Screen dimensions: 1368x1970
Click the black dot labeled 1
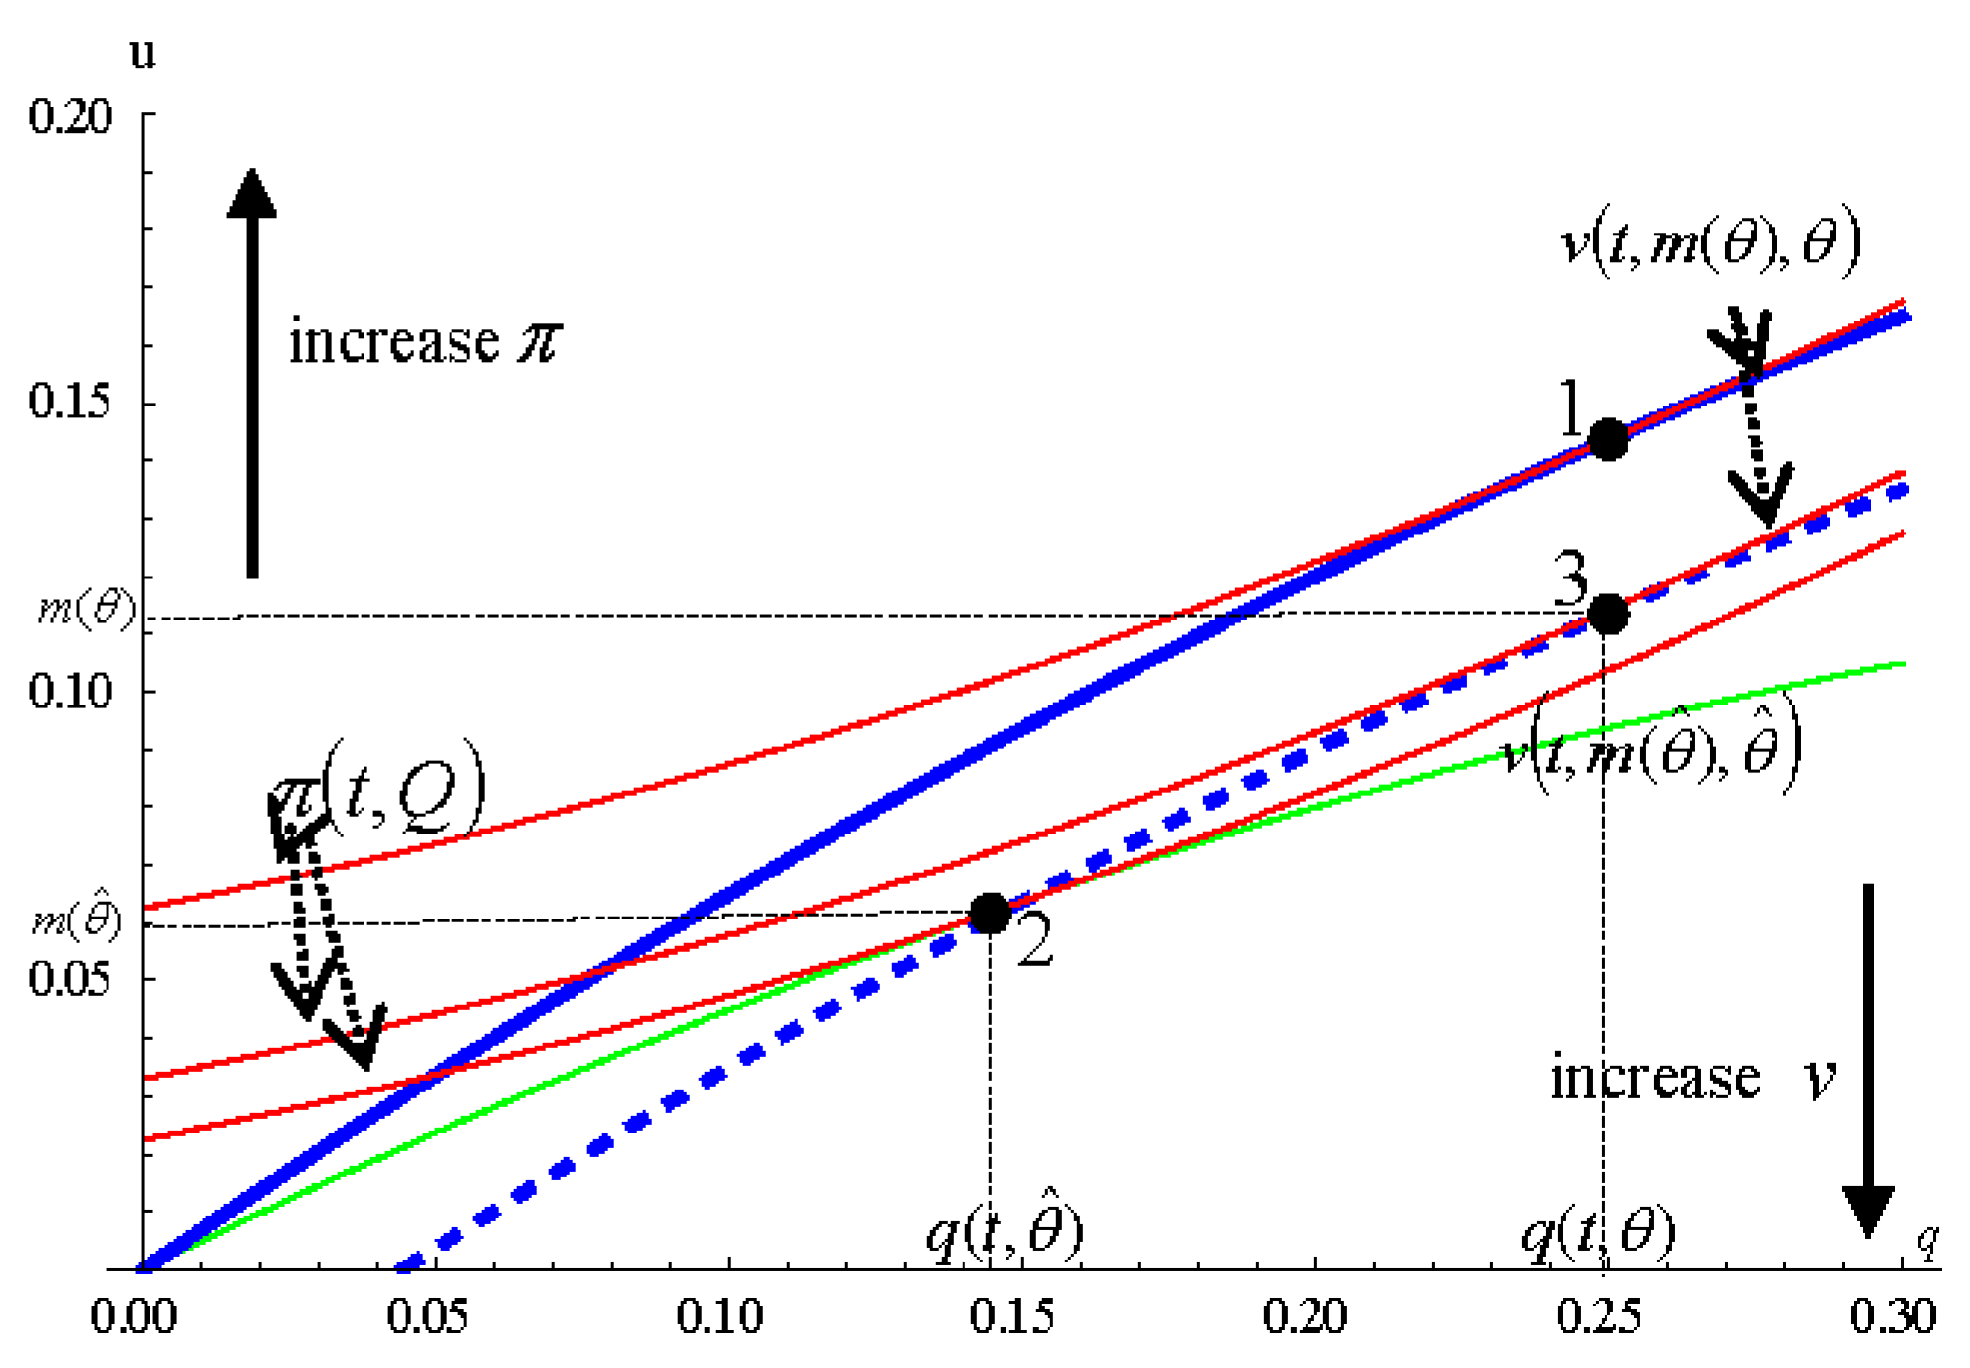pos(1607,440)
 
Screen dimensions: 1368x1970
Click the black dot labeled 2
pos(989,914)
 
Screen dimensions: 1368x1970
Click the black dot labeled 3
pos(1607,614)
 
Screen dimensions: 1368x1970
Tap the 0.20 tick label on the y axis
pos(70,116)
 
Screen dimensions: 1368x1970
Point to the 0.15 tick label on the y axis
pos(70,401)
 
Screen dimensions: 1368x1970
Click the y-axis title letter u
pos(143,54)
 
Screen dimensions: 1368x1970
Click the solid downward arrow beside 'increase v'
pos(1867,1060)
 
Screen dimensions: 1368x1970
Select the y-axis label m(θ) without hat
pos(86,609)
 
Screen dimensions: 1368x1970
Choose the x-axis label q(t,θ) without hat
pos(1599,1233)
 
